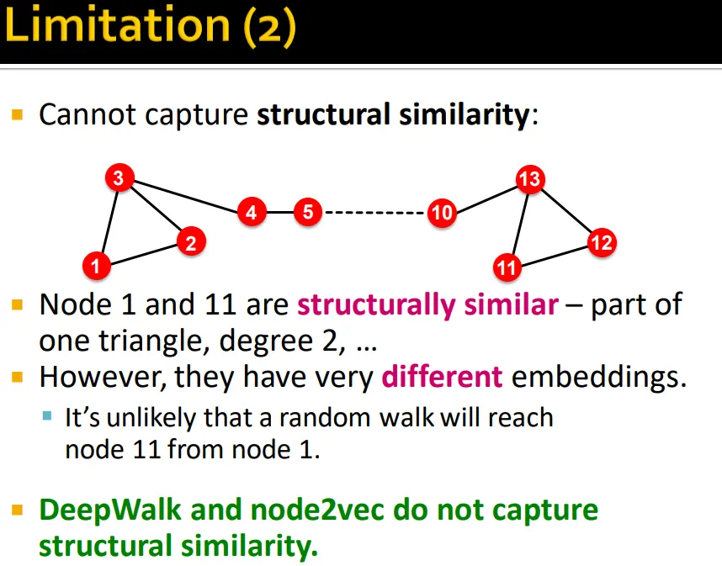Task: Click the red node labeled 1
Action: click(96, 266)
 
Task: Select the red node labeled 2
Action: click(191, 241)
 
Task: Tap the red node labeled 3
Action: click(119, 177)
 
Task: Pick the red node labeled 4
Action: click(252, 212)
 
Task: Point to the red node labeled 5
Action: click(308, 212)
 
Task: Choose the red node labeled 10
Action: click(442, 213)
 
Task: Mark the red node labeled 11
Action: click(507, 267)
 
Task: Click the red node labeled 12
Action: click(602, 242)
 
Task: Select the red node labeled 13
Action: click(530, 179)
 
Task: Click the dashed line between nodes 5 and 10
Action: click(374, 213)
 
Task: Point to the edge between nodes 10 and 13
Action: click(487, 199)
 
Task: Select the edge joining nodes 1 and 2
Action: click(144, 255)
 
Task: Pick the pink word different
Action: click(442, 377)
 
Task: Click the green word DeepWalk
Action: click(110, 510)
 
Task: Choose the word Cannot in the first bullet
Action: click(88, 114)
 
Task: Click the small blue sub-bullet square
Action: click(46, 416)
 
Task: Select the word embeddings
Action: click(599, 378)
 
